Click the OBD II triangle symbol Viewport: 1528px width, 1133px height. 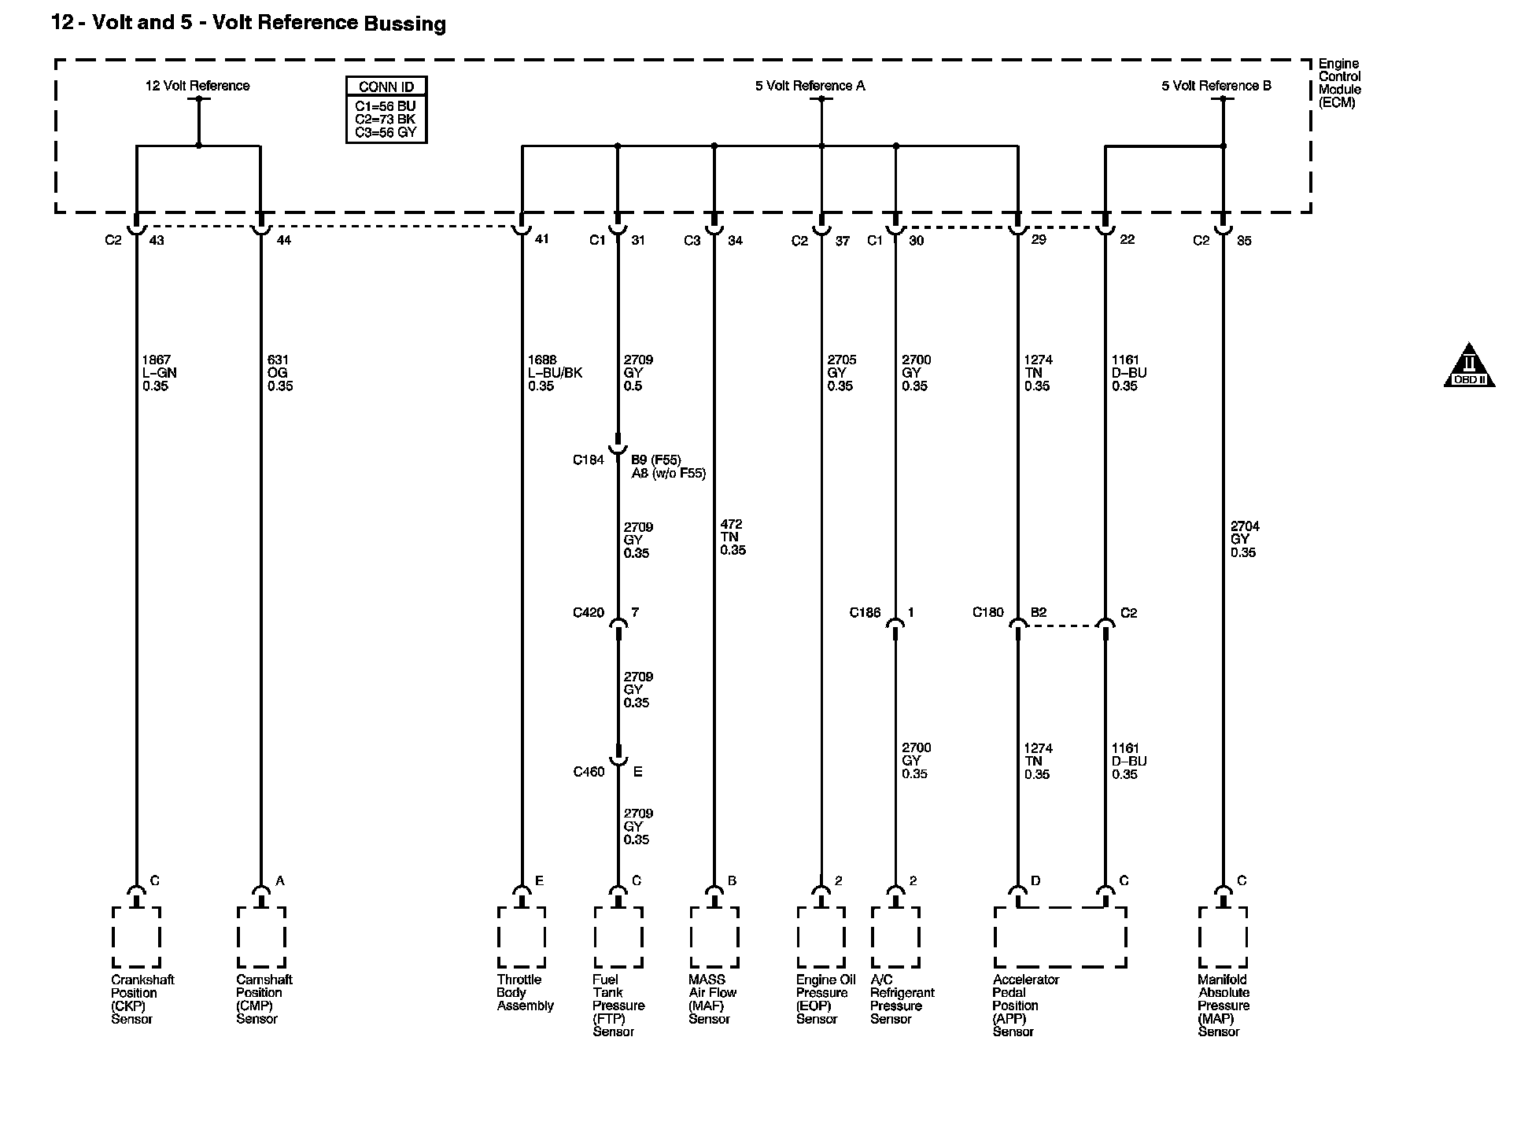[1468, 367]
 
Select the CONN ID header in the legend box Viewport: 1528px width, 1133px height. [386, 87]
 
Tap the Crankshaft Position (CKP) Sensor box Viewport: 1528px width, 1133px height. [136, 937]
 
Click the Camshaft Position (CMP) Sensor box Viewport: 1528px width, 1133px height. [260, 937]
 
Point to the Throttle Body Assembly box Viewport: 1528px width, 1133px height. [521, 937]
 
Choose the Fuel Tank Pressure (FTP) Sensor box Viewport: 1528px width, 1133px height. [618, 937]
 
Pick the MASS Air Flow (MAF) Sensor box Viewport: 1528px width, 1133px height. [714, 937]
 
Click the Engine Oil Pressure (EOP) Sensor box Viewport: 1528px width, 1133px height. [821, 937]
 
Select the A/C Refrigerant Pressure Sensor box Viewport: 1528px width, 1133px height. [895, 937]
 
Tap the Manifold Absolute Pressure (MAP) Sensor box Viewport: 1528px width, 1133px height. [1222, 937]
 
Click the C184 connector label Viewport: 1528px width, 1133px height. [588, 459]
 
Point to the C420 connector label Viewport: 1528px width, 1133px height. [588, 613]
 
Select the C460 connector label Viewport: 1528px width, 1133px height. [588, 772]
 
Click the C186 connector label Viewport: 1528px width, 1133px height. [865, 613]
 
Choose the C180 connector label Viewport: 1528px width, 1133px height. [987, 613]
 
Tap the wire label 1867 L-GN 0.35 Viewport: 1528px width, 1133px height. [156, 373]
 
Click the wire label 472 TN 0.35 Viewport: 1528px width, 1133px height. [733, 537]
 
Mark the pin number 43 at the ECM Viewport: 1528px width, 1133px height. [157, 241]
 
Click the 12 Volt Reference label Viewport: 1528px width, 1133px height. [197, 86]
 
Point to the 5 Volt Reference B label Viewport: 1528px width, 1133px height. [1216, 86]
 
